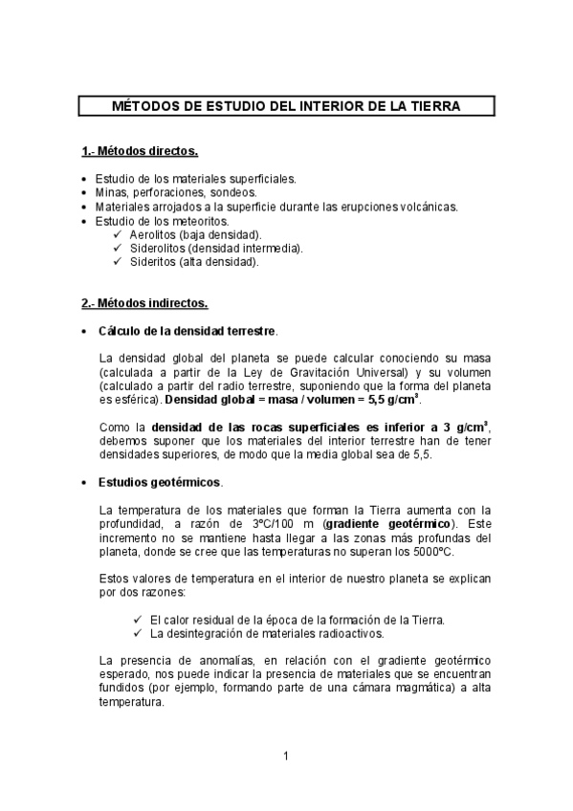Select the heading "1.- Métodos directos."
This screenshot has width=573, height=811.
click(x=140, y=151)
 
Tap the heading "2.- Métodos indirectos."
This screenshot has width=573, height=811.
click(x=143, y=303)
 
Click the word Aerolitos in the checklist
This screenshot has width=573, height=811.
click(x=153, y=234)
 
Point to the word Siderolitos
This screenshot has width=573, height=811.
click(x=159, y=248)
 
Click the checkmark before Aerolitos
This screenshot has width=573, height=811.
click(x=117, y=234)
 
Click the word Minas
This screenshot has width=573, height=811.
click(x=111, y=192)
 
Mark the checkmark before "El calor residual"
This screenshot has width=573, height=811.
click(x=140, y=620)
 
